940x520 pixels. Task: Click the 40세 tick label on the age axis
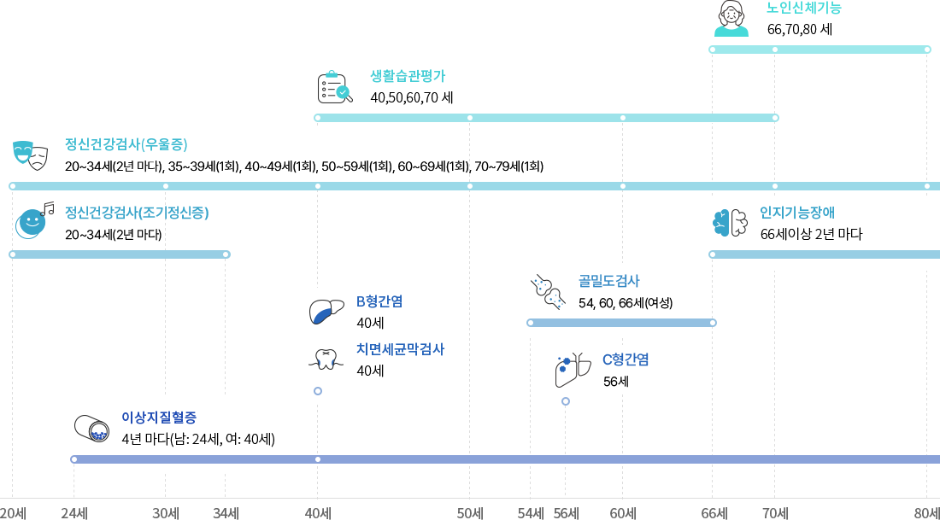[318, 513]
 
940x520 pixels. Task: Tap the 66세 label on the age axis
[714, 513]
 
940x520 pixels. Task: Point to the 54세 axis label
[531, 513]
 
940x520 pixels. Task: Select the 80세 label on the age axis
[926, 513]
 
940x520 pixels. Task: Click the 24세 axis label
[74, 513]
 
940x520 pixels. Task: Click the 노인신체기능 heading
[803, 9]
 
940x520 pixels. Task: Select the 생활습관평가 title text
[407, 76]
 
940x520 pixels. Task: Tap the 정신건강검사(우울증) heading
[126, 144]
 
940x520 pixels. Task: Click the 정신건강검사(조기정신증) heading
[137, 213]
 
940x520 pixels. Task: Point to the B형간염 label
[379, 301]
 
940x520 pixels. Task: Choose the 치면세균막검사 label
[400, 349]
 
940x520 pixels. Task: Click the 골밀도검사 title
[608, 281]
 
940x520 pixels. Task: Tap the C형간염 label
[626, 359]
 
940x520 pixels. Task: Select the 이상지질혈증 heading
[159, 418]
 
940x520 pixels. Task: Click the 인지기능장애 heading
[796, 213]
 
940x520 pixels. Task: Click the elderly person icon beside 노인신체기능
[731, 19]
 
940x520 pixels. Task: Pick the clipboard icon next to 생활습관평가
[334, 86]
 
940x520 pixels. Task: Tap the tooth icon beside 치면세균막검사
[326, 359]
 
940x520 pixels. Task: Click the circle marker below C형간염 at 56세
[566, 401]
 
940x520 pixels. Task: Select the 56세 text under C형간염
[615, 382]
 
